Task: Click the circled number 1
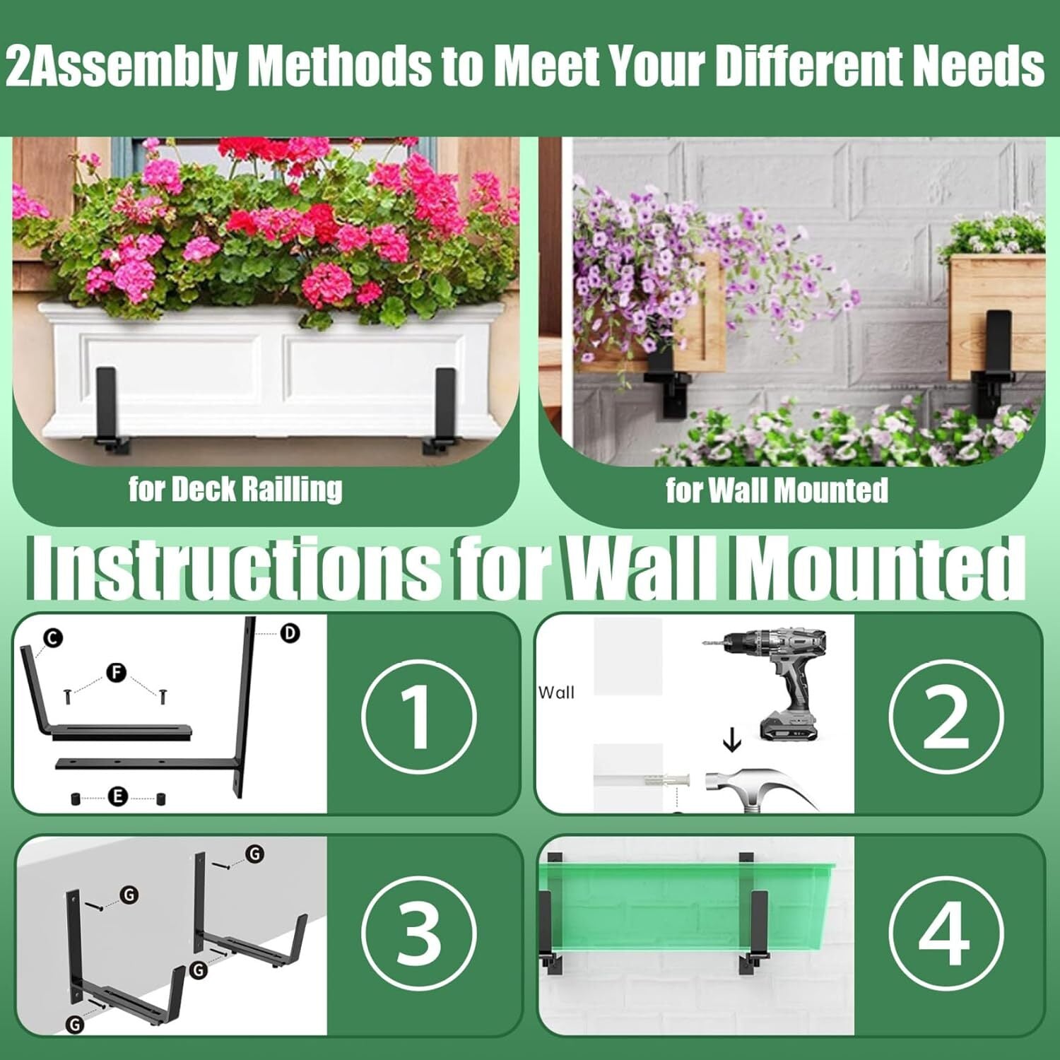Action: coord(419,717)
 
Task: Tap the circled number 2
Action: coord(946,717)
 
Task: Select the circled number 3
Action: coord(419,933)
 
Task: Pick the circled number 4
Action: coord(946,933)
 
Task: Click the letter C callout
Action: coord(53,639)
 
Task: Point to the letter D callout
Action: coord(290,633)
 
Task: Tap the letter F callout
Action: coord(117,673)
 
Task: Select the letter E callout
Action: coord(117,797)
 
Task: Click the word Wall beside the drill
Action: coord(556,693)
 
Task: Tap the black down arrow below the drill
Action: coord(732,740)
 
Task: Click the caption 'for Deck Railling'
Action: coord(235,489)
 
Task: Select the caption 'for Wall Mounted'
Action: coord(777,490)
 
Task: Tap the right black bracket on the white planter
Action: coord(443,411)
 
